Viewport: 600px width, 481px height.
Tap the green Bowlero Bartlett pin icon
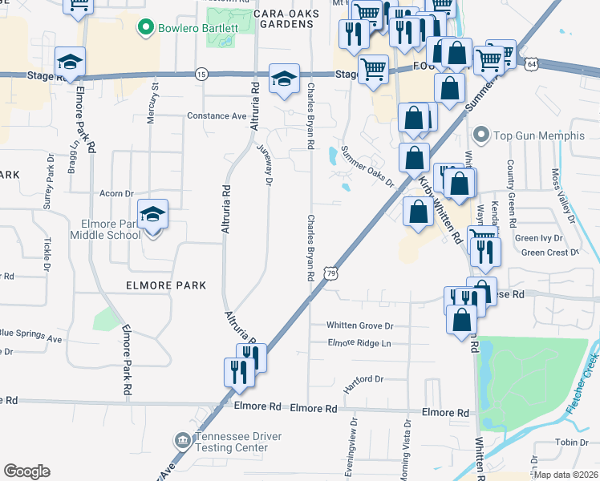pos(146,29)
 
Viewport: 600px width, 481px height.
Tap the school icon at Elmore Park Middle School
pos(152,215)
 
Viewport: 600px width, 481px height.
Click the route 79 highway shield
pos(331,274)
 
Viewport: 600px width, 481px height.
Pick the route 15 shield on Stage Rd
pos(201,74)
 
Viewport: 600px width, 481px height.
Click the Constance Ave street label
pos(217,116)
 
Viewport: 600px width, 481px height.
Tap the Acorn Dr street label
pos(116,194)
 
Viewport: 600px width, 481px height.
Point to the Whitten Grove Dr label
pos(360,325)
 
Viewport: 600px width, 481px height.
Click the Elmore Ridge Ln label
pos(359,343)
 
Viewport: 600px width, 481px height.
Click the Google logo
pos(26,471)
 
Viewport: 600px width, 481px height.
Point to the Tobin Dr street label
pos(571,443)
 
